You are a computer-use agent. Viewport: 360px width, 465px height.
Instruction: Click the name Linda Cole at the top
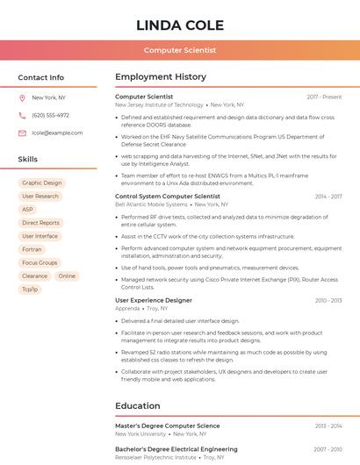pos(180,25)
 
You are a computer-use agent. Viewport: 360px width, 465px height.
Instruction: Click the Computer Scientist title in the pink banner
pos(180,51)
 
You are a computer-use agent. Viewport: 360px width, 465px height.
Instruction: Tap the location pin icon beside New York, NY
pos(22,98)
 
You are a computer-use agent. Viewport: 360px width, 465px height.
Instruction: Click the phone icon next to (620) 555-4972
pos(22,116)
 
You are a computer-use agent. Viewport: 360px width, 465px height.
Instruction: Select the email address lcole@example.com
pos(57,133)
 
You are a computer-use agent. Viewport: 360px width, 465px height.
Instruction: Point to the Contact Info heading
pos(41,77)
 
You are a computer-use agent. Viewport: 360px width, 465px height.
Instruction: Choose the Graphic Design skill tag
pos(41,183)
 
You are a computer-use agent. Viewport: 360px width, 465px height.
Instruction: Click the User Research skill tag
pos(40,197)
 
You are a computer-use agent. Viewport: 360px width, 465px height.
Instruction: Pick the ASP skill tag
pos(27,210)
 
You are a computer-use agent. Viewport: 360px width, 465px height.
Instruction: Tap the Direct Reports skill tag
pos(41,223)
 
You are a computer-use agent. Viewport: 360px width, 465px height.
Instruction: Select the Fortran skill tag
pos(32,249)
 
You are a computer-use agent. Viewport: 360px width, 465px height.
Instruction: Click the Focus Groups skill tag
pos(40,262)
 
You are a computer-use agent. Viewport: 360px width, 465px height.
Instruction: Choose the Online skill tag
pos(67,275)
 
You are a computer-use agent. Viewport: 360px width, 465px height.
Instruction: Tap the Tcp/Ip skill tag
pos(30,289)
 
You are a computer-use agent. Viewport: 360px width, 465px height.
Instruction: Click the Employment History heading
pos(160,77)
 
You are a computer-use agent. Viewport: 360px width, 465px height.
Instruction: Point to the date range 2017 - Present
pos(324,97)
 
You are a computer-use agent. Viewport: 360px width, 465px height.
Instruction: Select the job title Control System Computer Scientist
pos(168,197)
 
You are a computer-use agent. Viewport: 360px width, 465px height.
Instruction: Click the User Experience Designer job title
pos(154,300)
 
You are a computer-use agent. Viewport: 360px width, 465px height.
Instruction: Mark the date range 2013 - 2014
pos(328,426)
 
